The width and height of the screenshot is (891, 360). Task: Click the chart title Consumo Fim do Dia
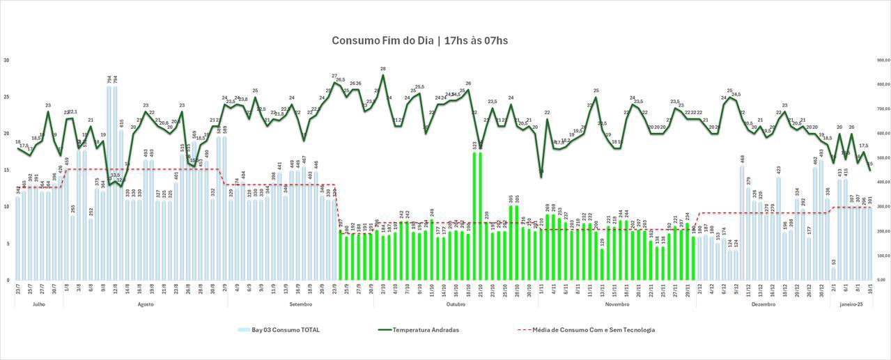(x=419, y=40)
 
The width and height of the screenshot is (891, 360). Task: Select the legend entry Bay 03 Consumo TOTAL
(x=285, y=330)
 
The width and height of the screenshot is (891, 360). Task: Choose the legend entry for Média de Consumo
(x=593, y=330)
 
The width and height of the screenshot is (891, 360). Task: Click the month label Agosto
(x=146, y=304)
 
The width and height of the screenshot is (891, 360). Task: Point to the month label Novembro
(x=617, y=304)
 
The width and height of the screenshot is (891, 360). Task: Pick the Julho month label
(x=39, y=304)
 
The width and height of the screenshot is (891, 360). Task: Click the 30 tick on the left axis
(x=6, y=61)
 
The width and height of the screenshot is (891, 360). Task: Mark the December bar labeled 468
(x=743, y=223)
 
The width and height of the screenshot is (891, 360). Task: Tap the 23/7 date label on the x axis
(x=18, y=287)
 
